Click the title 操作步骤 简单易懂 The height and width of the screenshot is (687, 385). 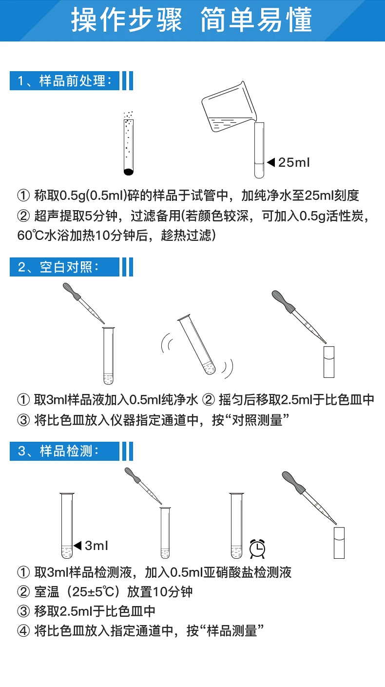192,20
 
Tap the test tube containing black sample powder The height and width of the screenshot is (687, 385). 128,144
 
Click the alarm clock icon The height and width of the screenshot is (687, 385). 257,549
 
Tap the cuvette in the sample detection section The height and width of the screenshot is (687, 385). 339,542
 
